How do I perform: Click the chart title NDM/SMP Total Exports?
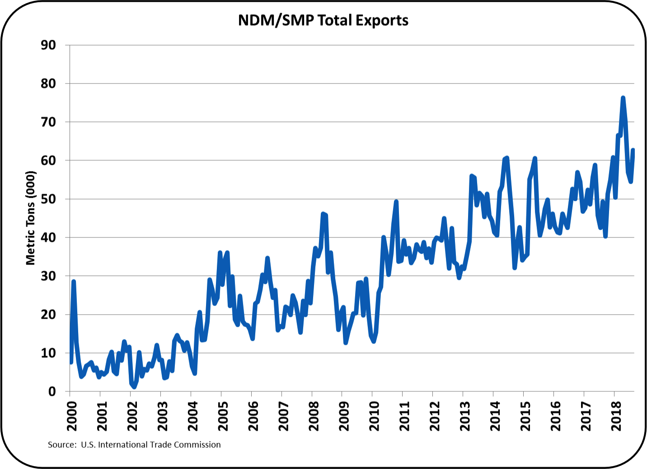pyautogui.click(x=323, y=21)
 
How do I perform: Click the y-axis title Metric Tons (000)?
pyautogui.click(x=30, y=218)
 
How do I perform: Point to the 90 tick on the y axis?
pyautogui.click(x=48, y=45)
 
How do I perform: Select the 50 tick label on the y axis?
pyautogui.click(x=48, y=199)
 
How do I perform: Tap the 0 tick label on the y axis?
pyautogui.click(x=52, y=391)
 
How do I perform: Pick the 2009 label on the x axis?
pyautogui.click(x=344, y=416)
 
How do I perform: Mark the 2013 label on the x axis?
pyautogui.click(x=465, y=416)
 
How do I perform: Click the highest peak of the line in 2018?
pyautogui.click(x=623, y=98)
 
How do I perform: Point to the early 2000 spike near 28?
pyautogui.click(x=74, y=282)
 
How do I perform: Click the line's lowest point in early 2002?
pyautogui.click(x=134, y=387)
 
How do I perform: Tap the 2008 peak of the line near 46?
pyautogui.click(x=323, y=214)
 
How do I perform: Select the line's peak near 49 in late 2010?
pyautogui.click(x=396, y=202)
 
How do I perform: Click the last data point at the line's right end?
pyautogui.click(x=633, y=150)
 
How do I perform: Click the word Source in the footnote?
pyautogui.click(x=61, y=445)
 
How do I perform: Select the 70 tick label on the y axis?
pyautogui.click(x=48, y=122)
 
